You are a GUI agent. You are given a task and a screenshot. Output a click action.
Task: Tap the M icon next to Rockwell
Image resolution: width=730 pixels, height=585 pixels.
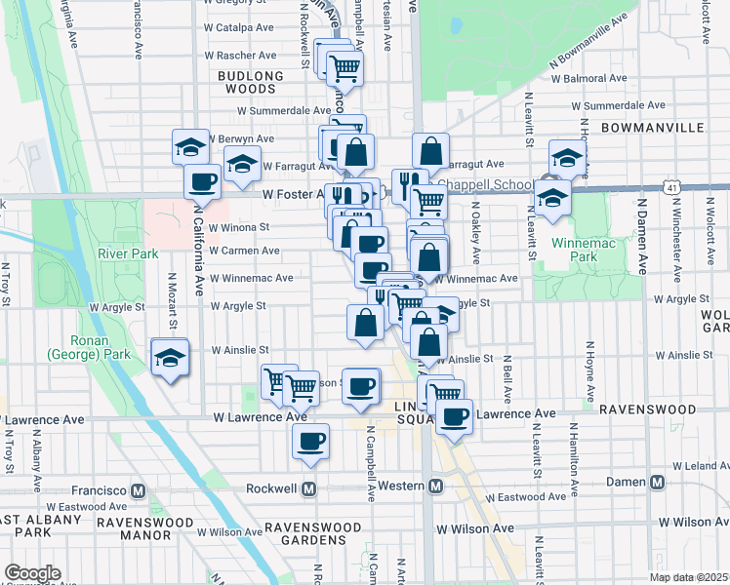[309, 488]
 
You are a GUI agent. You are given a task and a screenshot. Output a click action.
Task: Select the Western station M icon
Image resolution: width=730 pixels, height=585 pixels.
[436, 485]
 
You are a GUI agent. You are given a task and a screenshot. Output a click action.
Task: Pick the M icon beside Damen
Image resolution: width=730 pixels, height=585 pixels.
[657, 483]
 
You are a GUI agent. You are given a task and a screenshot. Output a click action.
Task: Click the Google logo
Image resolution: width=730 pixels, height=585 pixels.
[32, 573]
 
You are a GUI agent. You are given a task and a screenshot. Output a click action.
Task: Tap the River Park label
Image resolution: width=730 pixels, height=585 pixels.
[128, 253]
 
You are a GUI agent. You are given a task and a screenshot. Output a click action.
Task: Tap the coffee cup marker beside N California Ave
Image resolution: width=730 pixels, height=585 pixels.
[203, 181]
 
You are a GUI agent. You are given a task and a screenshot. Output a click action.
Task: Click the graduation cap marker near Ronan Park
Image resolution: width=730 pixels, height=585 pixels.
[170, 359]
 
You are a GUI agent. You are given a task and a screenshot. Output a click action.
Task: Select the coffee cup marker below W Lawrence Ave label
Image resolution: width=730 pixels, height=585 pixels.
[311, 442]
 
